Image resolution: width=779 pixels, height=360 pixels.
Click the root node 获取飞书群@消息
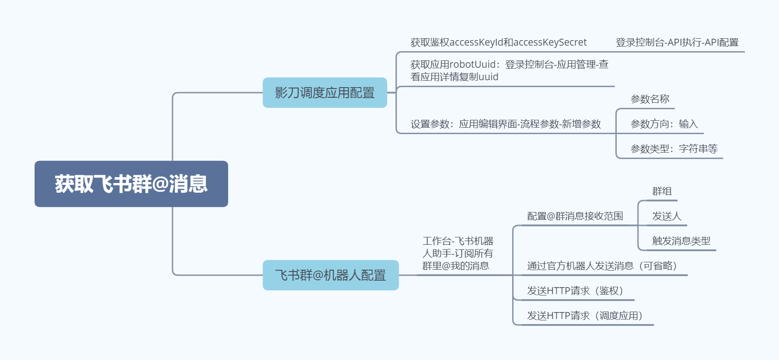click(x=131, y=184)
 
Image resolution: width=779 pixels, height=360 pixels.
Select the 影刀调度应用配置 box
click(x=325, y=93)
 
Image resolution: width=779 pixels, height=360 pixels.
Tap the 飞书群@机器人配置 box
click(x=330, y=275)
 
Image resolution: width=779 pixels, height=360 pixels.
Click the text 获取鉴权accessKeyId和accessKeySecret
click(x=498, y=42)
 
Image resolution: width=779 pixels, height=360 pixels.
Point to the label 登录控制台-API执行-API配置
click(x=677, y=42)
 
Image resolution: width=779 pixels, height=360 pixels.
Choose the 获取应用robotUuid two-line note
click(x=509, y=71)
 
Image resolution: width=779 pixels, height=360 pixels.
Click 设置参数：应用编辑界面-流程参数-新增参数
click(x=506, y=124)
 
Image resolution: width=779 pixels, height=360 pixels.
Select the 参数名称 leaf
click(x=649, y=99)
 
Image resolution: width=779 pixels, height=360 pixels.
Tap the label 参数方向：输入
click(x=664, y=124)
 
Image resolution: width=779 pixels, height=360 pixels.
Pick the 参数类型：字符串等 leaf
click(x=673, y=149)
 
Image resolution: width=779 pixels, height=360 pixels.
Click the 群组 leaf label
click(x=661, y=191)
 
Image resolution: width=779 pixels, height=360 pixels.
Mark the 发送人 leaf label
click(x=666, y=216)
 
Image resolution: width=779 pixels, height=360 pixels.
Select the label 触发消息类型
click(x=681, y=241)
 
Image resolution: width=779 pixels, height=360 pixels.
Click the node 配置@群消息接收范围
click(x=575, y=216)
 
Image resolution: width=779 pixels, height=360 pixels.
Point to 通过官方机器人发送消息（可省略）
click(x=602, y=266)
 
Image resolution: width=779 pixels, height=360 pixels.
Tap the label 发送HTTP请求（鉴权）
click(x=575, y=291)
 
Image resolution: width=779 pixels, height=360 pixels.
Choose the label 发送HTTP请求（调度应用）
click(x=584, y=316)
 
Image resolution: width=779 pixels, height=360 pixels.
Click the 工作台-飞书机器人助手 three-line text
click(x=457, y=253)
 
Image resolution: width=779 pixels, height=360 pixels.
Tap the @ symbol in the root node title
click(x=159, y=184)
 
